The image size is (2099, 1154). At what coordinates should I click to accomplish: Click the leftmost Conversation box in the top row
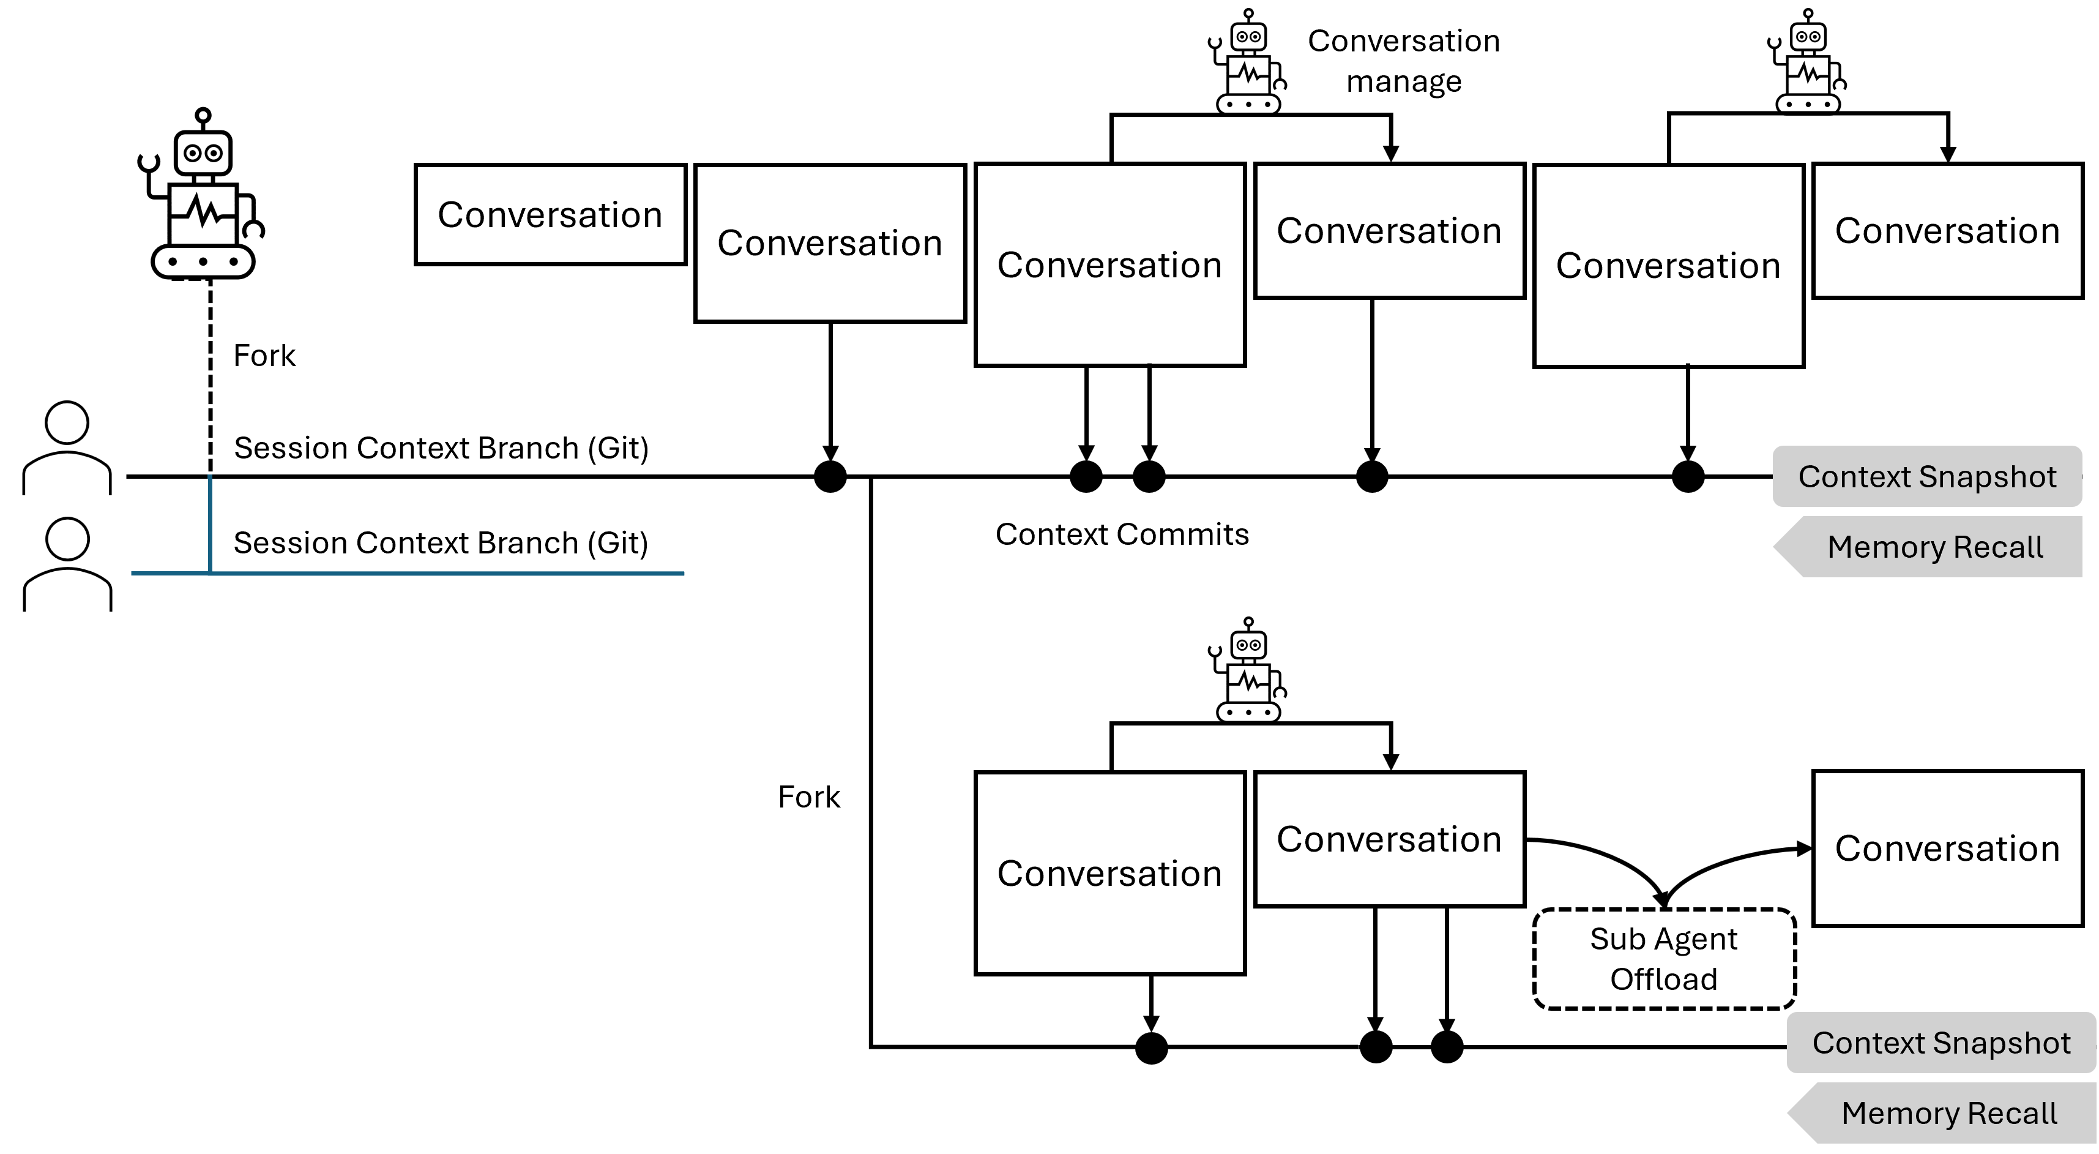point(550,214)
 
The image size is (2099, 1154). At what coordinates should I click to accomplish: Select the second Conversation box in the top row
point(829,243)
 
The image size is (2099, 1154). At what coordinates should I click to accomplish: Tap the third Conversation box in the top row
point(1110,265)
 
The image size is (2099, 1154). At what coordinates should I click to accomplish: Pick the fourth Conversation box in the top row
point(1389,231)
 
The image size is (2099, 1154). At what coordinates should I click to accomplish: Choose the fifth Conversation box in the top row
point(1668,266)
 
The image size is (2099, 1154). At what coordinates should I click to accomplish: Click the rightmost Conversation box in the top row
point(1947,231)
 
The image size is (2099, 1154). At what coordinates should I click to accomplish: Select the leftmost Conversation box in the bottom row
point(1110,873)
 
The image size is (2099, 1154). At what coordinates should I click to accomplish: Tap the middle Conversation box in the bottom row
point(1389,839)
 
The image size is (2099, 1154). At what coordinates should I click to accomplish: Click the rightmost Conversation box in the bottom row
point(1947,849)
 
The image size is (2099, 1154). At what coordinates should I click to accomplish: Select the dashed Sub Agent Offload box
point(1664,959)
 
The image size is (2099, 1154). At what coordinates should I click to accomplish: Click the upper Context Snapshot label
point(1927,476)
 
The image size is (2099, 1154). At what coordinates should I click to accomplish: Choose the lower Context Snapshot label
point(1941,1043)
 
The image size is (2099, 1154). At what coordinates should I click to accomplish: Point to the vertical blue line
point(211,522)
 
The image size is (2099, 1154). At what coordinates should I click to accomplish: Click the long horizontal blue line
point(448,574)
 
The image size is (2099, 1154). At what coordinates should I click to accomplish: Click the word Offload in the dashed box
point(1664,979)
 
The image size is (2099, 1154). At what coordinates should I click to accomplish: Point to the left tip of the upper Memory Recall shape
point(1777,547)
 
